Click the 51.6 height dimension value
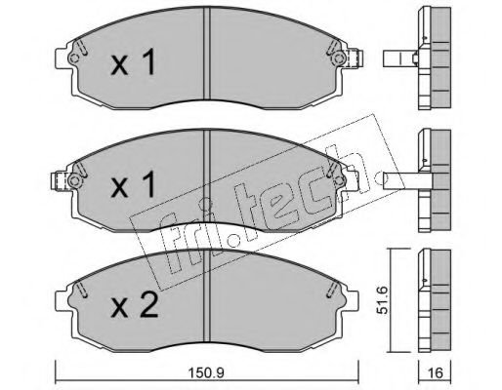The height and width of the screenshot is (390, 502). tap(384, 299)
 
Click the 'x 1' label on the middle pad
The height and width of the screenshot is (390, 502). tap(133, 184)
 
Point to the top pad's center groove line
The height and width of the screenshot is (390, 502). tap(206, 53)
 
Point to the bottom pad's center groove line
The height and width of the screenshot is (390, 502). tap(206, 295)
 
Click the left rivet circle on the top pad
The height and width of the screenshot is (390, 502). tap(74, 58)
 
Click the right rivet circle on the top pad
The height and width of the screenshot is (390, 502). tap(339, 58)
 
